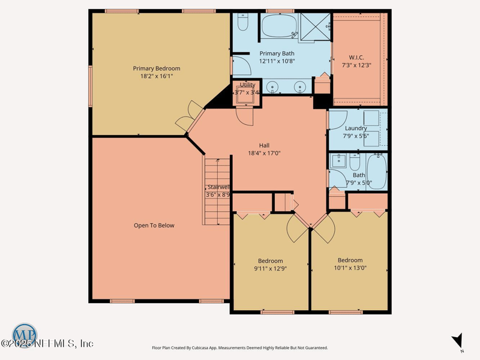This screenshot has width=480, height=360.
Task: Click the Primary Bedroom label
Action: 156,68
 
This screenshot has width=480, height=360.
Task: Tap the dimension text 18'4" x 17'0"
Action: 264,153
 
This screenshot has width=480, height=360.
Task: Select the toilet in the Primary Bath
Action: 243,23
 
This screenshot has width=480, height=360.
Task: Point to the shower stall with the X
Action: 316,27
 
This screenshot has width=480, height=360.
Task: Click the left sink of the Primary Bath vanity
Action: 274,88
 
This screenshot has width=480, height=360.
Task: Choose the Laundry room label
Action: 356,128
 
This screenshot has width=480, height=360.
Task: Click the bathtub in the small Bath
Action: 376,171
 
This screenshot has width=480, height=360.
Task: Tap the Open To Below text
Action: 154,226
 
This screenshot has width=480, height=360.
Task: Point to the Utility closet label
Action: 247,85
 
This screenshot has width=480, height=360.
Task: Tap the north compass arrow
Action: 458,341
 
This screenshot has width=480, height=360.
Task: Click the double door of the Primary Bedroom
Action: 190,118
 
